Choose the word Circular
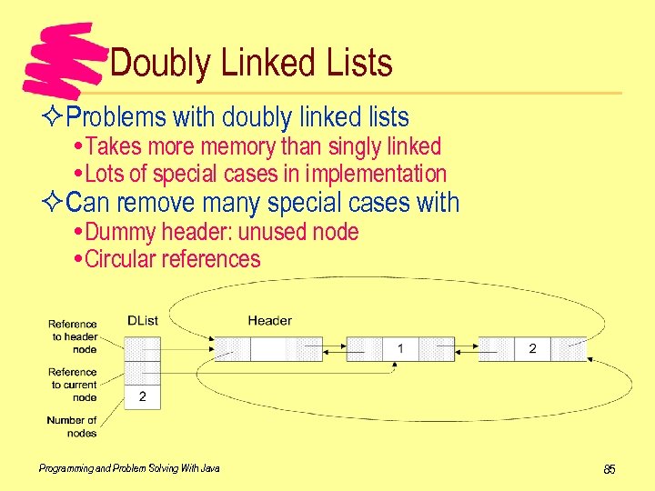click(120, 259)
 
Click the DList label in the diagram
click(142, 320)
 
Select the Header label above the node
click(269, 320)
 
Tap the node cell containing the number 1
click(400, 349)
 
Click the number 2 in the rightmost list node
click(532, 349)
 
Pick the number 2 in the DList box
click(142, 397)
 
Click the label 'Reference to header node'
click(73, 336)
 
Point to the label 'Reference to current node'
click(73, 385)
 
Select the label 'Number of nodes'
click(72, 426)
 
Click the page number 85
click(610, 469)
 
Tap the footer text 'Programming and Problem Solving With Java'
click(129, 468)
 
